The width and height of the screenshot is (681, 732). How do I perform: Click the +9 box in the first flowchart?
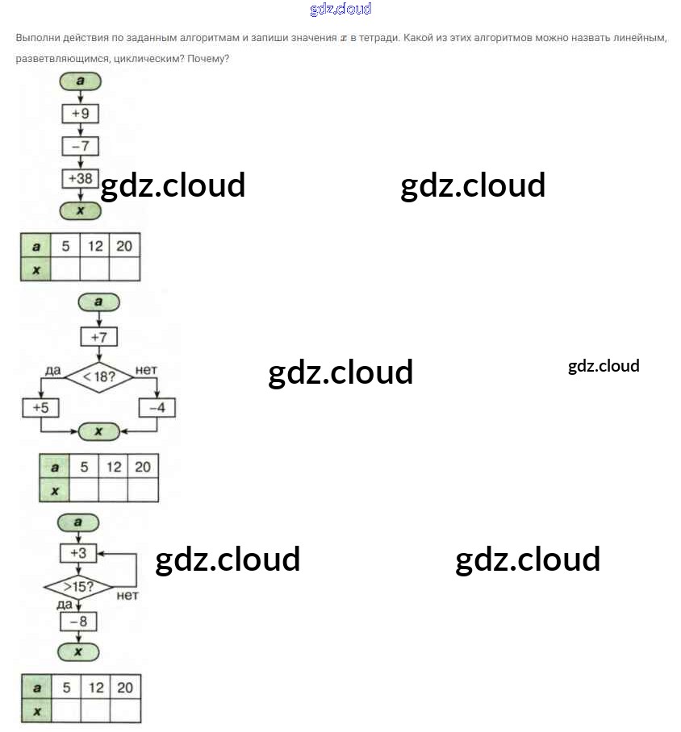point(80,114)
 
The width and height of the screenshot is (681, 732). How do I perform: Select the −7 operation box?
point(80,146)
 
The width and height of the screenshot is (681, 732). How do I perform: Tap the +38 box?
point(80,178)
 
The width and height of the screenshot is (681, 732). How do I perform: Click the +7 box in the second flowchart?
point(99,336)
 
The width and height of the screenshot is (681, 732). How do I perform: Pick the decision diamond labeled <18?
point(99,376)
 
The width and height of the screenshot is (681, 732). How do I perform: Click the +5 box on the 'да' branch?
point(40,408)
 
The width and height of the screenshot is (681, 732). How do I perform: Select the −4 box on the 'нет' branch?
point(157,408)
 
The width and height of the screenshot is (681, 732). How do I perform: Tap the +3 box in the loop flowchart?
point(78,553)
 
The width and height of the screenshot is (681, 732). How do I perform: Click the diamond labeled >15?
point(78,587)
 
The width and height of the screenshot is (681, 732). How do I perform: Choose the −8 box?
point(78,622)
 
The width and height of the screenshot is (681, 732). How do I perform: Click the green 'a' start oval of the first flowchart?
point(80,81)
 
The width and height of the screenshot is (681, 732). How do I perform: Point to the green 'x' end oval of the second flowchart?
point(98,432)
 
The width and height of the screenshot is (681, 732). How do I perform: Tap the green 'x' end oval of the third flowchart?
point(78,651)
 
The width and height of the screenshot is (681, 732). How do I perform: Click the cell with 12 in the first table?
point(95,246)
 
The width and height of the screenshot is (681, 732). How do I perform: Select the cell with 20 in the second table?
point(143,467)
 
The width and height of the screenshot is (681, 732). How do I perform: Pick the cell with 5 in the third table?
point(66,688)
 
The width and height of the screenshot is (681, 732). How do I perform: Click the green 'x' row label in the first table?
point(36,270)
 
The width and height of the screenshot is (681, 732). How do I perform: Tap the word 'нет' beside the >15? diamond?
point(127,596)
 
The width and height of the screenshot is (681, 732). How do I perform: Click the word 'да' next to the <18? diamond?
point(53,370)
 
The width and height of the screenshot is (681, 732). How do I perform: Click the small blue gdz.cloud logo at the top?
point(340,10)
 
